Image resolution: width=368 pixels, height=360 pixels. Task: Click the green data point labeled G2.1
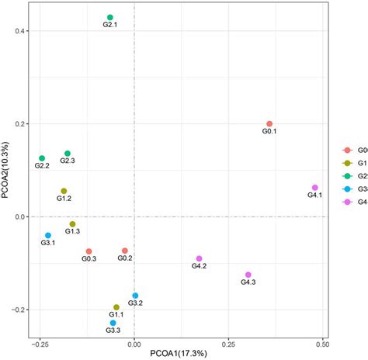click(110, 17)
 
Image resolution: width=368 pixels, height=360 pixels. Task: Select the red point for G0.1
click(269, 123)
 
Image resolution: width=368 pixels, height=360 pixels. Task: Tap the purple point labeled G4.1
click(314, 188)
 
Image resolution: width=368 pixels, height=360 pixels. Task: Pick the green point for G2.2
click(42, 158)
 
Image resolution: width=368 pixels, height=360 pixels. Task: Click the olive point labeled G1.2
click(64, 191)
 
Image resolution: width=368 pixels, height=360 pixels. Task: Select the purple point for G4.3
click(248, 275)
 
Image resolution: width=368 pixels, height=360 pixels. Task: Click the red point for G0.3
click(89, 251)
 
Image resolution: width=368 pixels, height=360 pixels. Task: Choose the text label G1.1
click(116, 314)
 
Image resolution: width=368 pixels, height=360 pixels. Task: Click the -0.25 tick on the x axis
click(39, 341)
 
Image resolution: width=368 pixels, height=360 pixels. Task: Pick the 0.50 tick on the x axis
click(323, 341)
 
